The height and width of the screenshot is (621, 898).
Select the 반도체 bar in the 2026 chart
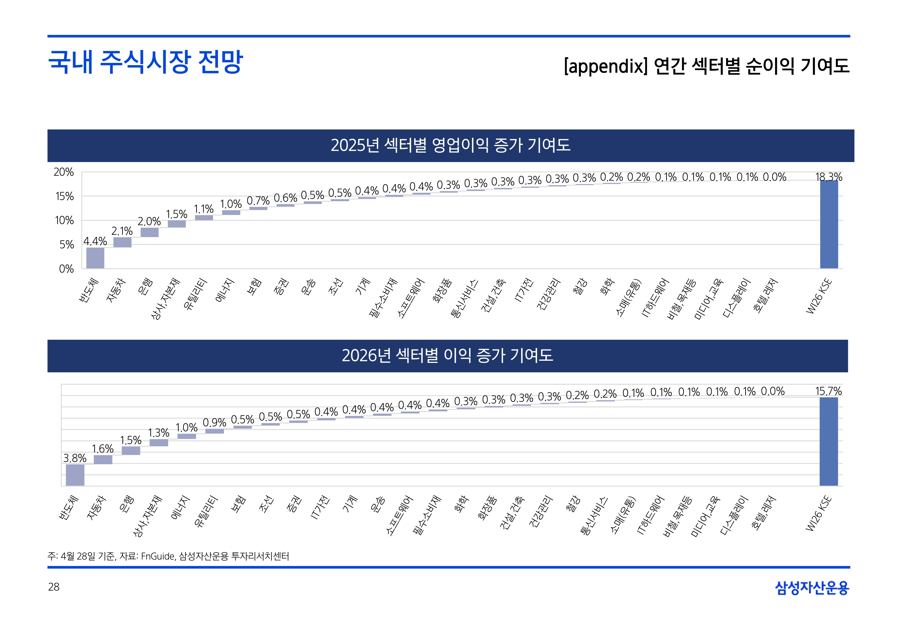tap(75, 475)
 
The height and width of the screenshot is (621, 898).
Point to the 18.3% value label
tap(829, 177)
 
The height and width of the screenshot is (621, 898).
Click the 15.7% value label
tap(828, 391)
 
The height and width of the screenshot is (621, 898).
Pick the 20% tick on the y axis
tap(64, 172)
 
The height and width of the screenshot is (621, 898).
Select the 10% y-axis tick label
tap(64, 221)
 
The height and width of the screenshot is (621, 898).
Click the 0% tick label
tap(66, 269)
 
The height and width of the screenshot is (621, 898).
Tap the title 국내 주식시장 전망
tap(145, 62)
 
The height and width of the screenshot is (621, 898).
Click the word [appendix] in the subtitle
tap(606, 66)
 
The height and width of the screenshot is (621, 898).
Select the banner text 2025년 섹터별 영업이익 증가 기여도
tap(451, 145)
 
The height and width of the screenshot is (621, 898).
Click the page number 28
tap(54, 587)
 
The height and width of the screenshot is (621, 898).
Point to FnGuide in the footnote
tap(158, 556)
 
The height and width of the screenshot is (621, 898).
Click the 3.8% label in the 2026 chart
tap(75, 458)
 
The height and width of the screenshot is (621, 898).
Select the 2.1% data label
tap(122, 231)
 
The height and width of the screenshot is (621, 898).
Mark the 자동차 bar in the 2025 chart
tap(122, 242)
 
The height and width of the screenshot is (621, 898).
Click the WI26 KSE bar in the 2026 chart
tap(828, 441)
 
